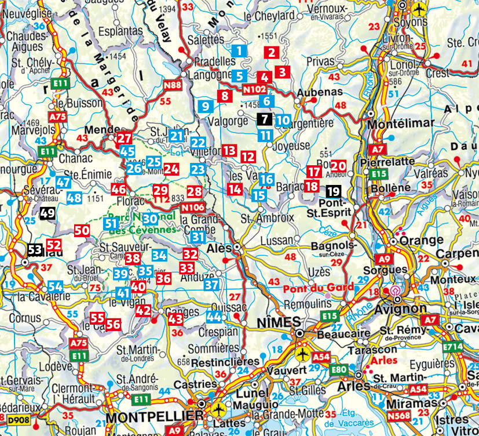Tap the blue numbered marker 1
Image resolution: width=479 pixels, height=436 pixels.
click(238, 50)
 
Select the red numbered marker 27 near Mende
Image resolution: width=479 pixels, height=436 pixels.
click(124, 139)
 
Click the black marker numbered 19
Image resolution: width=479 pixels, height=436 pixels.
click(333, 191)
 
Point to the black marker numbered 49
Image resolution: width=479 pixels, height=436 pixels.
click(47, 213)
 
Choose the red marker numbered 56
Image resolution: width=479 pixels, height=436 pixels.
click(113, 324)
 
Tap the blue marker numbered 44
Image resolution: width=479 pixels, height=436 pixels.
click(214, 317)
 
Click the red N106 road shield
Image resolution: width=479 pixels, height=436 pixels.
click(192, 208)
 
